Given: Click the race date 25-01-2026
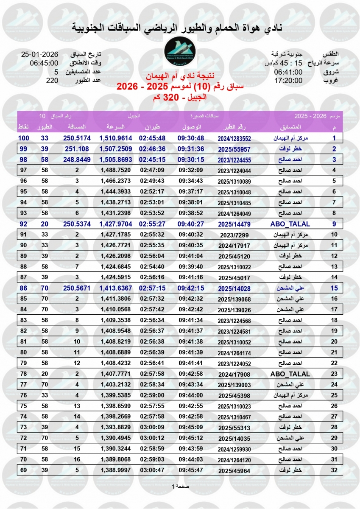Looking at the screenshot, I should (x=39, y=55).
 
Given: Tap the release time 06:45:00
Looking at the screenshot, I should (x=44, y=63).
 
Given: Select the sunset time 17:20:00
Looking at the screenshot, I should (x=288, y=80).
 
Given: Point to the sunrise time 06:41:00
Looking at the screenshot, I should (x=288, y=72).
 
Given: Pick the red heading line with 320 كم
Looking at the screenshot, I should (x=180, y=97).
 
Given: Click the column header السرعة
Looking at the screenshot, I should (x=114, y=127).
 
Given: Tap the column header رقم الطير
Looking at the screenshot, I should (x=234, y=127).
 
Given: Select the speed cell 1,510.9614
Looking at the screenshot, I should (x=116, y=138).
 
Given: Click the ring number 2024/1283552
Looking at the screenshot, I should (x=234, y=138).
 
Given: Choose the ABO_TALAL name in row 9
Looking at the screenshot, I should (x=290, y=224).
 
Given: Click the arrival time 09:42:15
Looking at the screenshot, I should (x=191, y=288).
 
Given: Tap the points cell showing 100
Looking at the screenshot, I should (x=23, y=138).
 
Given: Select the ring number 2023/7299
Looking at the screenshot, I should (x=234, y=235).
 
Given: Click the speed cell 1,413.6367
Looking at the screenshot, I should (x=116, y=288).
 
